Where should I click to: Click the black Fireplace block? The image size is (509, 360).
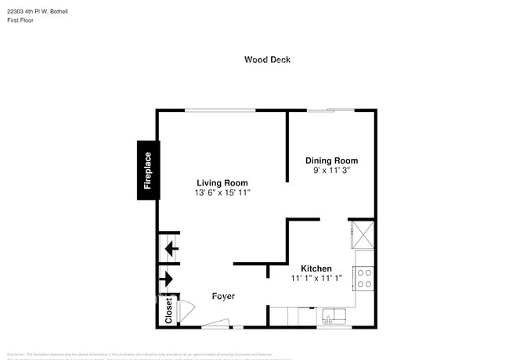[x=148, y=170]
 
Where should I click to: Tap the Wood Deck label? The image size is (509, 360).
[x=268, y=59]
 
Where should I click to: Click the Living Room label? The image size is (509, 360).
[x=222, y=183]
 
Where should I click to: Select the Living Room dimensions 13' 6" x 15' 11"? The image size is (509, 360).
[x=222, y=193]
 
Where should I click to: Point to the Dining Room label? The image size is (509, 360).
[x=331, y=160]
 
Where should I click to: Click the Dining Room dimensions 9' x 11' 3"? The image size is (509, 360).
[x=331, y=170]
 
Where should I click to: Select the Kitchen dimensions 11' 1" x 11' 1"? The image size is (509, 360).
[x=316, y=278]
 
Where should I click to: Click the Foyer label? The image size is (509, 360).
[x=224, y=296]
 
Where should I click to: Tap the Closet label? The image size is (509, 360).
[x=168, y=311]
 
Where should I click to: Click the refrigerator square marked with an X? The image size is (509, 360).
[x=365, y=234]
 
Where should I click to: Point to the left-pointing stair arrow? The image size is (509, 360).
[x=169, y=250]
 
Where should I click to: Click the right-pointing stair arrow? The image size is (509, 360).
[x=168, y=279]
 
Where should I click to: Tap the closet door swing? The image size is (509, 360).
[x=185, y=309]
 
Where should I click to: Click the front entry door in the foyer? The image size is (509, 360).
[x=215, y=322]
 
